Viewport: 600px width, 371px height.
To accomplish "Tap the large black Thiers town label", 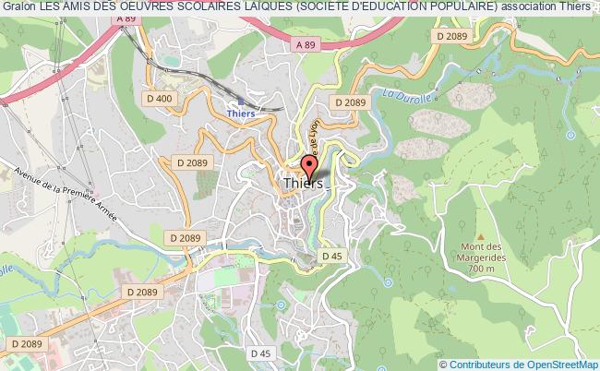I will point(304,184).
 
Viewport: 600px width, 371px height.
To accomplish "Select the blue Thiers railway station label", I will point(240,114).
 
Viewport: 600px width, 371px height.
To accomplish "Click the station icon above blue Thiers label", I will point(240,101).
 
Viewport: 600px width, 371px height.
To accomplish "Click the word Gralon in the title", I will point(18,7).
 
